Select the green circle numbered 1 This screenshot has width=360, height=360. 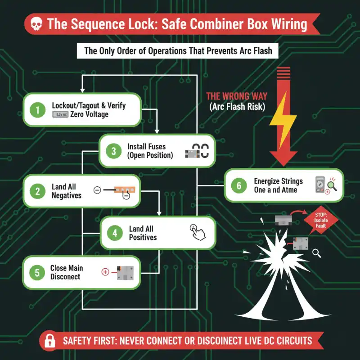point(38,110)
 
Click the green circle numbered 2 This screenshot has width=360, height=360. point(38,191)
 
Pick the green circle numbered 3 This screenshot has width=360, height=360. point(114,151)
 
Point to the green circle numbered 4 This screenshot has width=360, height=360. point(115,233)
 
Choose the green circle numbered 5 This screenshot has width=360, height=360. point(37,272)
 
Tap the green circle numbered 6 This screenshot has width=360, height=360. point(239,185)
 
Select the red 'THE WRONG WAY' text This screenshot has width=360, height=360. point(236,96)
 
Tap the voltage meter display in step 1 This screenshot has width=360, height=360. point(60,115)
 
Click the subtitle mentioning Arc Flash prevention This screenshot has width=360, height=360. point(178,50)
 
